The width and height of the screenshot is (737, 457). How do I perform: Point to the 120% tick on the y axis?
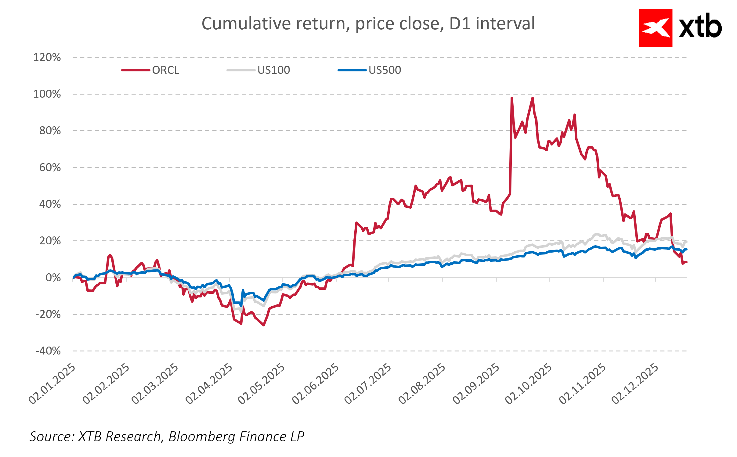pyautogui.click(x=47, y=57)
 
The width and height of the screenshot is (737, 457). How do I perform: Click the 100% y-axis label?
pyautogui.click(x=47, y=94)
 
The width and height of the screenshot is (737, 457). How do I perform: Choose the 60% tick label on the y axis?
pyautogui.click(x=50, y=167)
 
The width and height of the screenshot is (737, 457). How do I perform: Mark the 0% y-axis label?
pyautogui.click(x=53, y=278)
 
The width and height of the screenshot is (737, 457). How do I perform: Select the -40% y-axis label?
pyautogui.click(x=48, y=351)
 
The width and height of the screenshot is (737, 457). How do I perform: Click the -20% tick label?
pyautogui.click(x=48, y=314)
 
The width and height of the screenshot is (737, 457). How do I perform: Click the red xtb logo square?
pyautogui.click(x=656, y=28)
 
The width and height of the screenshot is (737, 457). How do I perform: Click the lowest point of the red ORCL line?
pyautogui.click(x=264, y=325)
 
